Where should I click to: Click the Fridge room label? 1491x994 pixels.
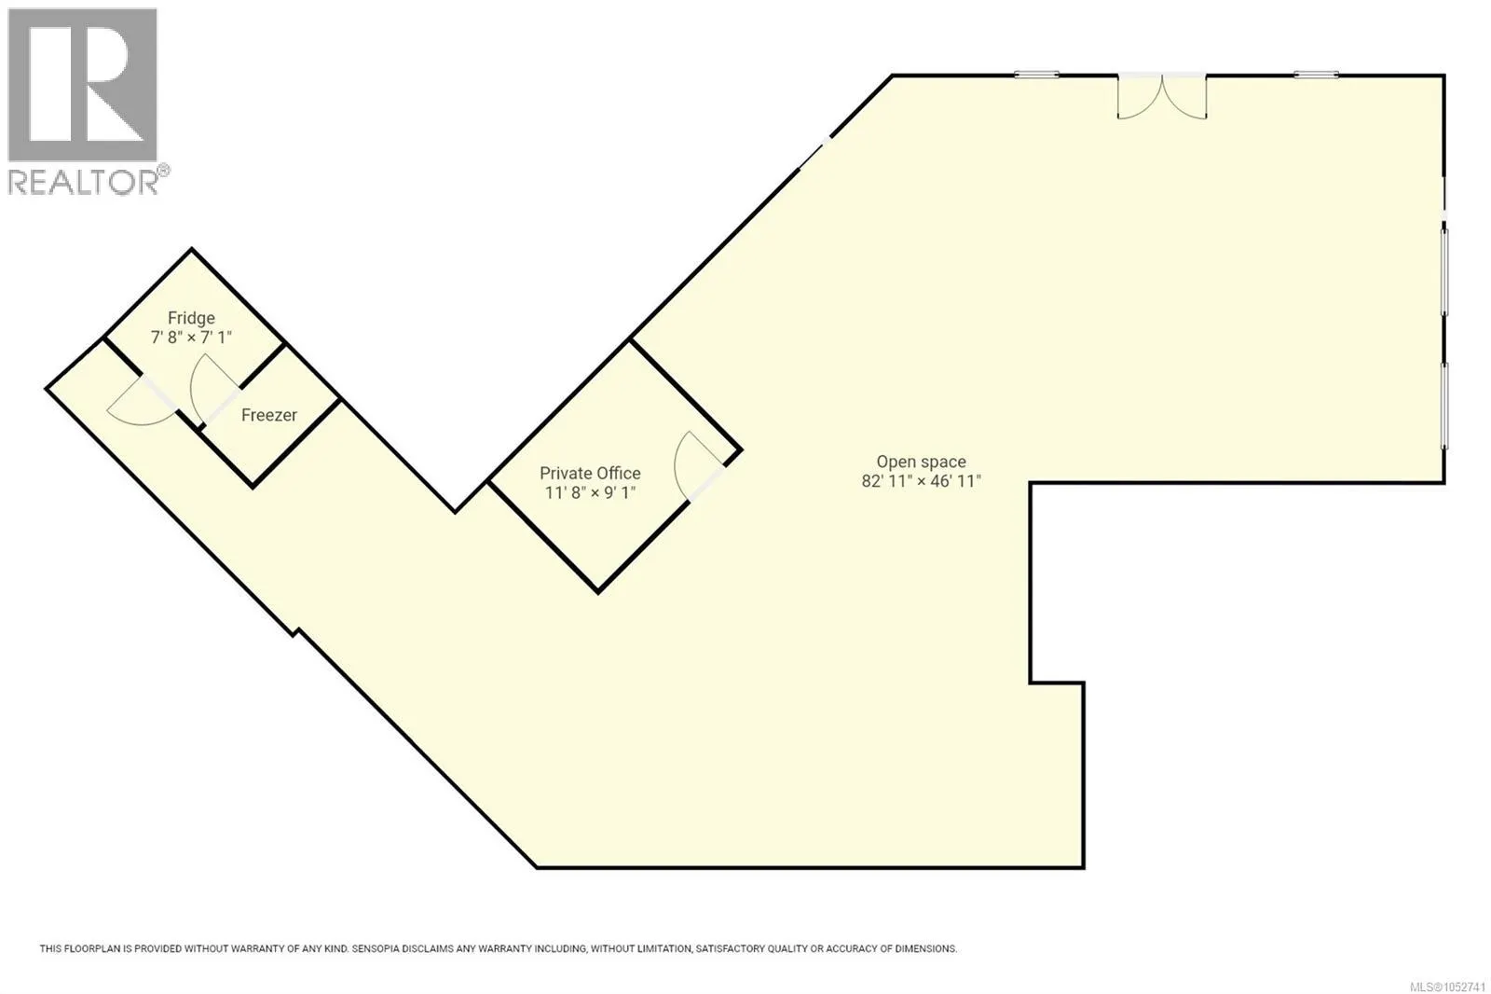click(191, 318)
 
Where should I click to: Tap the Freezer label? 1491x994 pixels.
click(269, 415)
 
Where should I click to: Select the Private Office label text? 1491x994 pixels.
click(590, 473)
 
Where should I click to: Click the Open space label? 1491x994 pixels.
click(922, 462)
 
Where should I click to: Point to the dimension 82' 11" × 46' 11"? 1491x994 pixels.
click(922, 481)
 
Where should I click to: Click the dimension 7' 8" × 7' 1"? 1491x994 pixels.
click(191, 338)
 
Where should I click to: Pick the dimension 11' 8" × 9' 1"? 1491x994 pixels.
click(591, 492)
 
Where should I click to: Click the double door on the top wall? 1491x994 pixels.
click(1161, 97)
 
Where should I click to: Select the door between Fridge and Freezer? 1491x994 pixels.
click(214, 390)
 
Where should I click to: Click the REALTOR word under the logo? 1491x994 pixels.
click(83, 182)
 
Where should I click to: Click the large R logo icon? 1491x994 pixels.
click(83, 85)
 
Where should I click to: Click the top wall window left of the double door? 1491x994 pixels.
click(1036, 75)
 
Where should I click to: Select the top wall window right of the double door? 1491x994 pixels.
click(1317, 75)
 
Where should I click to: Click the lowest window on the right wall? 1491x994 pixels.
click(1444, 406)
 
